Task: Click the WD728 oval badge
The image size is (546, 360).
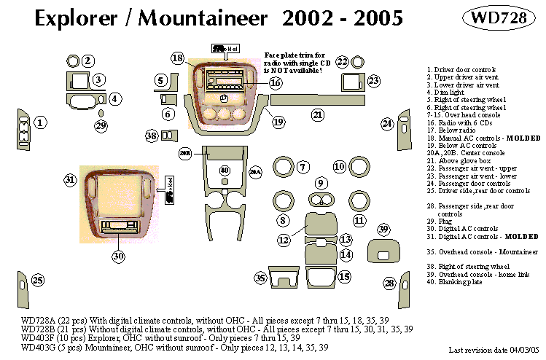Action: (x=499, y=19)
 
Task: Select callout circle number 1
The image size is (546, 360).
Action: (x=42, y=122)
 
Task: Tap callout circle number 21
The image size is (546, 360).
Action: (x=317, y=114)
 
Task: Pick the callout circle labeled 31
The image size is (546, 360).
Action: (x=70, y=179)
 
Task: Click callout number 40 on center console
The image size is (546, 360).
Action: (x=225, y=171)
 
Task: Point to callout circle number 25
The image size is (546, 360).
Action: (x=37, y=281)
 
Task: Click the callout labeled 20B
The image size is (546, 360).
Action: (x=185, y=153)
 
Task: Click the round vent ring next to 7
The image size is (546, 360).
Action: (x=281, y=168)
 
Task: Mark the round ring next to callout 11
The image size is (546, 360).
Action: (x=358, y=203)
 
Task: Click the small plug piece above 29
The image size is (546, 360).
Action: (x=101, y=113)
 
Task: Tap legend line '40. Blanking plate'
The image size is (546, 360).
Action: (x=456, y=282)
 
